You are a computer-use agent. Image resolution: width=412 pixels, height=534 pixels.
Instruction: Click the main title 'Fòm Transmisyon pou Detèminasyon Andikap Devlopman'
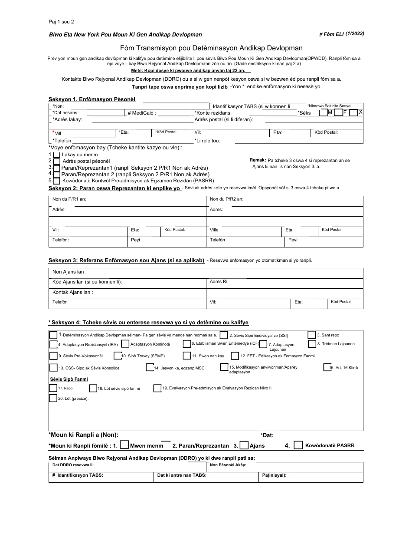click(x=211, y=48)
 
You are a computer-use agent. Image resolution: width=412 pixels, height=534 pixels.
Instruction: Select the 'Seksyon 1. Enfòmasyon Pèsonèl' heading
click(x=92, y=99)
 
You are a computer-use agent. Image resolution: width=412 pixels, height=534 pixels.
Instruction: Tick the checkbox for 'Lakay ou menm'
click(x=56, y=155)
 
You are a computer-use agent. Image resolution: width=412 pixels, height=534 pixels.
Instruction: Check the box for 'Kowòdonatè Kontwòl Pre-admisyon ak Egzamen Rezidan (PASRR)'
click(x=56, y=181)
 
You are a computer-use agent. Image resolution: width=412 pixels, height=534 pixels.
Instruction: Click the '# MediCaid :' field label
click(x=141, y=113)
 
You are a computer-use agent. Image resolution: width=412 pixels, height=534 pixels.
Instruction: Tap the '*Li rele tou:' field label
click(x=207, y=141)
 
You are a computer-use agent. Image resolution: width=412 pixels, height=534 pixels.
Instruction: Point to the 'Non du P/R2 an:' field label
click(x=226, y=199)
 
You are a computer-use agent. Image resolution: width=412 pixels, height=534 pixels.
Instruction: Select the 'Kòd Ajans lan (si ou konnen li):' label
click(x=87, y=282)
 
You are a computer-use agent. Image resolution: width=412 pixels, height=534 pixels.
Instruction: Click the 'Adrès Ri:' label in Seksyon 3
click(x=219, y=282)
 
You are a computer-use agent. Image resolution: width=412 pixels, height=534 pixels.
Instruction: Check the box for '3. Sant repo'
click(x=312, y=335)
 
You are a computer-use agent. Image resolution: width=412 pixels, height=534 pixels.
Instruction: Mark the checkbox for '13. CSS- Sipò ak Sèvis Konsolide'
click(x=53, y=368)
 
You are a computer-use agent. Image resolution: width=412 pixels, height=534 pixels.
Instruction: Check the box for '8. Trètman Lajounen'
click(x=312, y=344)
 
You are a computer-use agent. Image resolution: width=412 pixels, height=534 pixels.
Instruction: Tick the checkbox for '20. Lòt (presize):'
click(x=53, y=398)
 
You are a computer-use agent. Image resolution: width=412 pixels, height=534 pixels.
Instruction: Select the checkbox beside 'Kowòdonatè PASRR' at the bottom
click(x=298, y=445)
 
